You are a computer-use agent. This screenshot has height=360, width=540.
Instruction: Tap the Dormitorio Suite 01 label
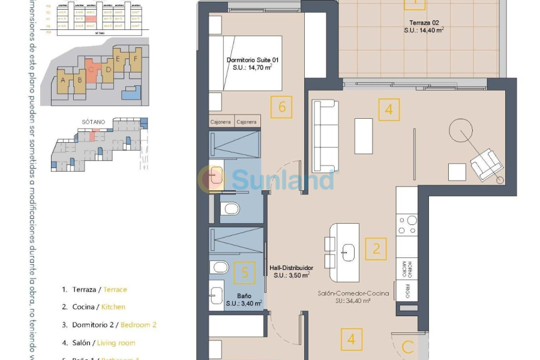click(253, 64)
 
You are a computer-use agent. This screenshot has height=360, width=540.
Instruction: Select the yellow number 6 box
click(281, 108)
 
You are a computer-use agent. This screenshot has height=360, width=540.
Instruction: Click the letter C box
click(407, 346)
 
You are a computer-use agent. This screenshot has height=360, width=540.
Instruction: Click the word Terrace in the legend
click(115, 289)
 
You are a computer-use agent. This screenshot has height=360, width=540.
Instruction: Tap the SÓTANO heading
click(93, 121)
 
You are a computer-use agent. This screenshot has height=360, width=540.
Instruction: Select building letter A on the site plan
click(62, 79)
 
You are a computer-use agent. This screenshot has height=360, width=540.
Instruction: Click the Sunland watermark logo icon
click(212, 179)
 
